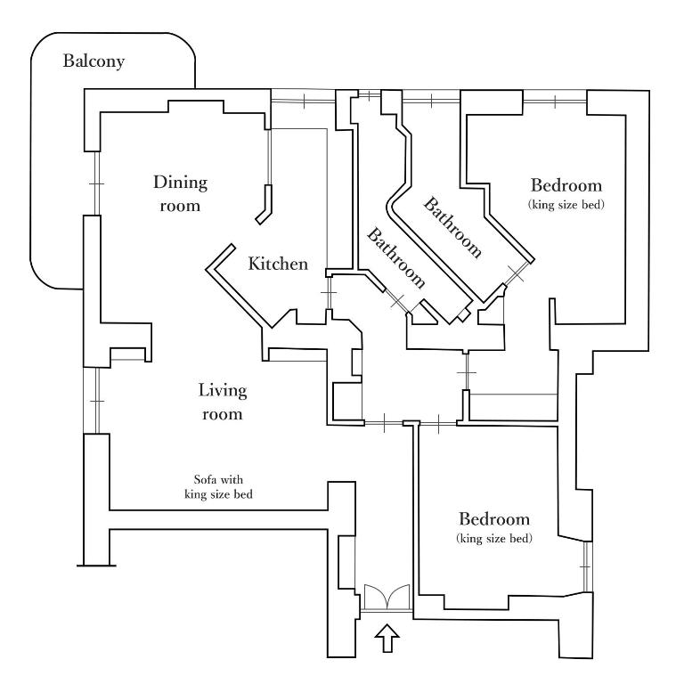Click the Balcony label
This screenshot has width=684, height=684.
coord(94,62)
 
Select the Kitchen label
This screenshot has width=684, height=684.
coord(278,264)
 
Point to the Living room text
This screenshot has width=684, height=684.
coord(222,402)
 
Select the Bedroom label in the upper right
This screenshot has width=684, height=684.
coord(566,186)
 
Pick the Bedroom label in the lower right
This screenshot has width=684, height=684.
coord(494,519)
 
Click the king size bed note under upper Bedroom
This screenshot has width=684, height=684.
coord(566,205)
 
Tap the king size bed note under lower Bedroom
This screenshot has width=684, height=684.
coord(494,539)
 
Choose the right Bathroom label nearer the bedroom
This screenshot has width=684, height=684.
coord(453,227)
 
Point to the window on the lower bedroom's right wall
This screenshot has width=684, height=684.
coord(585,566)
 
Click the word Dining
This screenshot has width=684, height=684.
coord(180,183)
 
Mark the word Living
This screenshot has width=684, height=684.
coord(222,390)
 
